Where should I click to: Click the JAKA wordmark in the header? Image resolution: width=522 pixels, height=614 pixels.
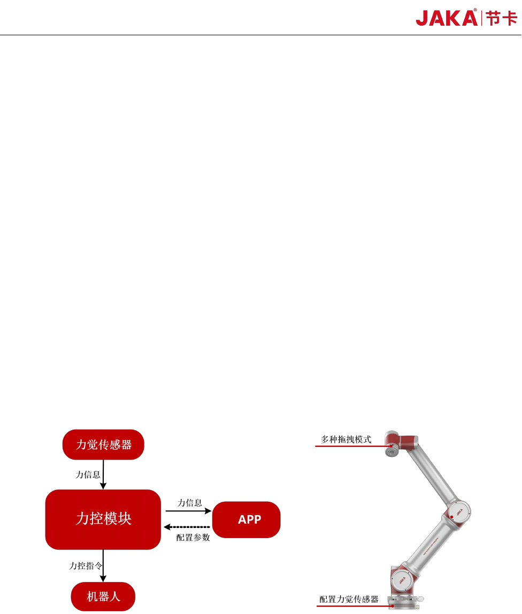coord(447,18)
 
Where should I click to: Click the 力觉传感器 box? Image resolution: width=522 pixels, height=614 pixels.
coord(103,445)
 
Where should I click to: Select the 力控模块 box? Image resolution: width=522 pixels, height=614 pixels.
coord(103,519)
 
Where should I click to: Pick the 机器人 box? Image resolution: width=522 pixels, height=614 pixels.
coord(103,596)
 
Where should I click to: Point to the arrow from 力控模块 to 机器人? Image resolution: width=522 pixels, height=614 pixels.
coord(103,566)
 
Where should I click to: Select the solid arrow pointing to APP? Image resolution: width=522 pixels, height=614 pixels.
coord(188,511)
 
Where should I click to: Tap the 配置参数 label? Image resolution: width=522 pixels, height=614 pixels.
coord(193,538)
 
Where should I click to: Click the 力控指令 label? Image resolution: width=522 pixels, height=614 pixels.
coord(86,565)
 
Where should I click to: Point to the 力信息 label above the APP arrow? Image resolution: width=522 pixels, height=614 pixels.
coord(190,503)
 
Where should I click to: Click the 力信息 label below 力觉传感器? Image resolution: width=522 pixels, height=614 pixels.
coord(88,475)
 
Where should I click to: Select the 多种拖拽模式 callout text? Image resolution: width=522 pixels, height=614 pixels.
coord(346,440)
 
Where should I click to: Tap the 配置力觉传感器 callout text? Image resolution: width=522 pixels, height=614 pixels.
coord(349,600)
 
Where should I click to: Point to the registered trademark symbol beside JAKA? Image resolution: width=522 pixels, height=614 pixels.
coord(475,10)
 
